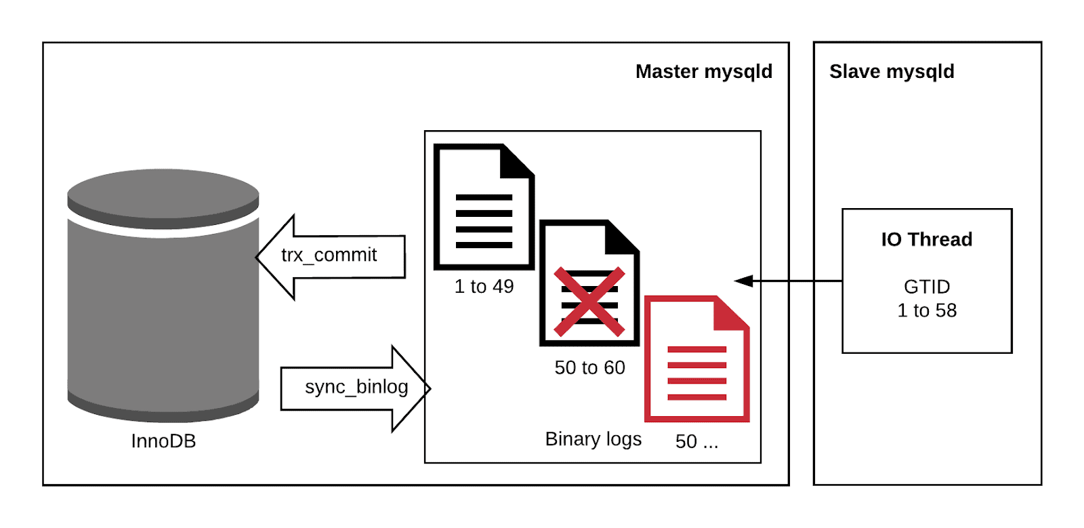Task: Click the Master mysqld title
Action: (703, 72)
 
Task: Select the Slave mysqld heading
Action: (891, 72)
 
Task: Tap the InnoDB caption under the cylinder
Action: (163, 441)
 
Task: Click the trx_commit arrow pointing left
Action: (332, 256)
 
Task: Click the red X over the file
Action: (589, 302)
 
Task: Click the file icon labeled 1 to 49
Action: (483, 207)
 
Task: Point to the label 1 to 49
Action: (484, 287)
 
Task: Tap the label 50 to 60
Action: (589, 368)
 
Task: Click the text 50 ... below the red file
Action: (696, 442)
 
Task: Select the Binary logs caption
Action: (593, 439)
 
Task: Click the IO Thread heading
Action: (926, 239)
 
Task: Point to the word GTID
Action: (926, 287)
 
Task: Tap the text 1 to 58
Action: (926, 310)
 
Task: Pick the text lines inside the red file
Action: (696, 373)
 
